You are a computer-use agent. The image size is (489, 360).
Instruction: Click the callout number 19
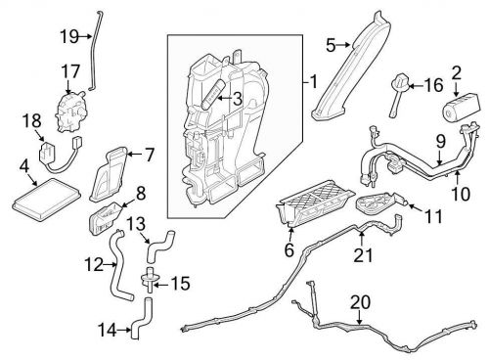[67, 36]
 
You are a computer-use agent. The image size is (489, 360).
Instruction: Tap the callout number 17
[69, 70]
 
